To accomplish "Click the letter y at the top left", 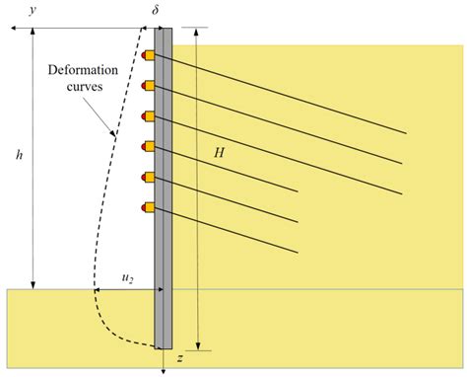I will click(33, 12).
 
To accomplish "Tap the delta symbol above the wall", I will click(156, 12).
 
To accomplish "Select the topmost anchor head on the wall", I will click(148, 55).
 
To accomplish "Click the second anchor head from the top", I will click(148, 86).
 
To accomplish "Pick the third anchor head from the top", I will click(148, 116).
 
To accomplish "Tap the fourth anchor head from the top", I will click(148, 147).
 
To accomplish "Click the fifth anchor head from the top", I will click(148, 178).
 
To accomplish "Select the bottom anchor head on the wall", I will click(148, 208).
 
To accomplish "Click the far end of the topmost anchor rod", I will click(406, 133).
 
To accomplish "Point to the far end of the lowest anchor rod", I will click(298, 252).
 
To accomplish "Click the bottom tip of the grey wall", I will click(164, 347).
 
